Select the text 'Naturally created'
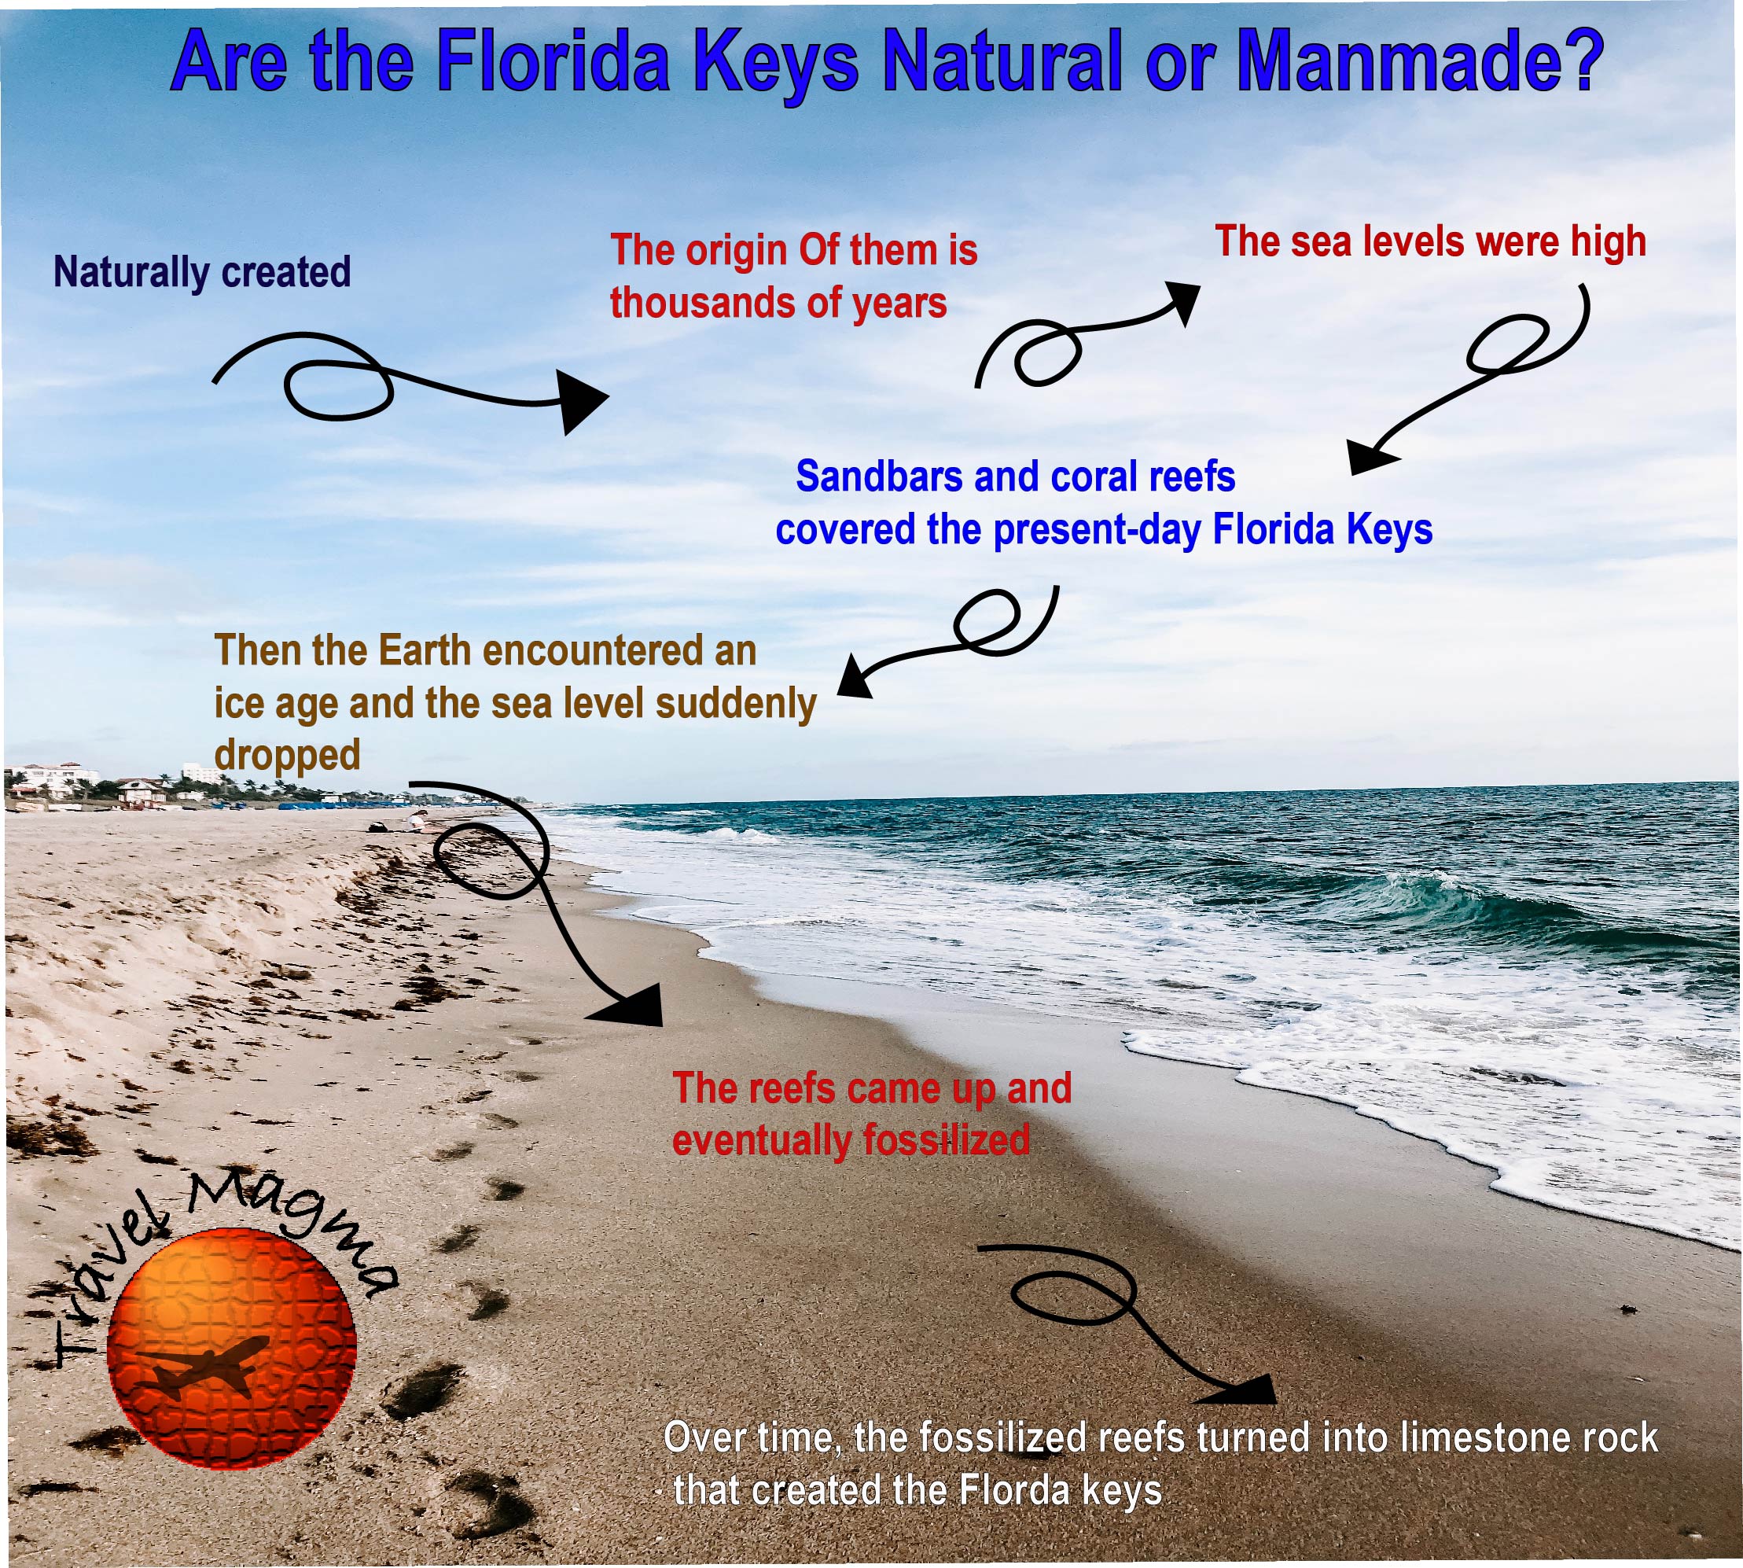pos(201,272)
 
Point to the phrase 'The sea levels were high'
pos(1429,241)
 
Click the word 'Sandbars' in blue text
pos(878,476)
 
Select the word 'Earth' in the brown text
pos(427,650)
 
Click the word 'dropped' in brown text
pos(287,756)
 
